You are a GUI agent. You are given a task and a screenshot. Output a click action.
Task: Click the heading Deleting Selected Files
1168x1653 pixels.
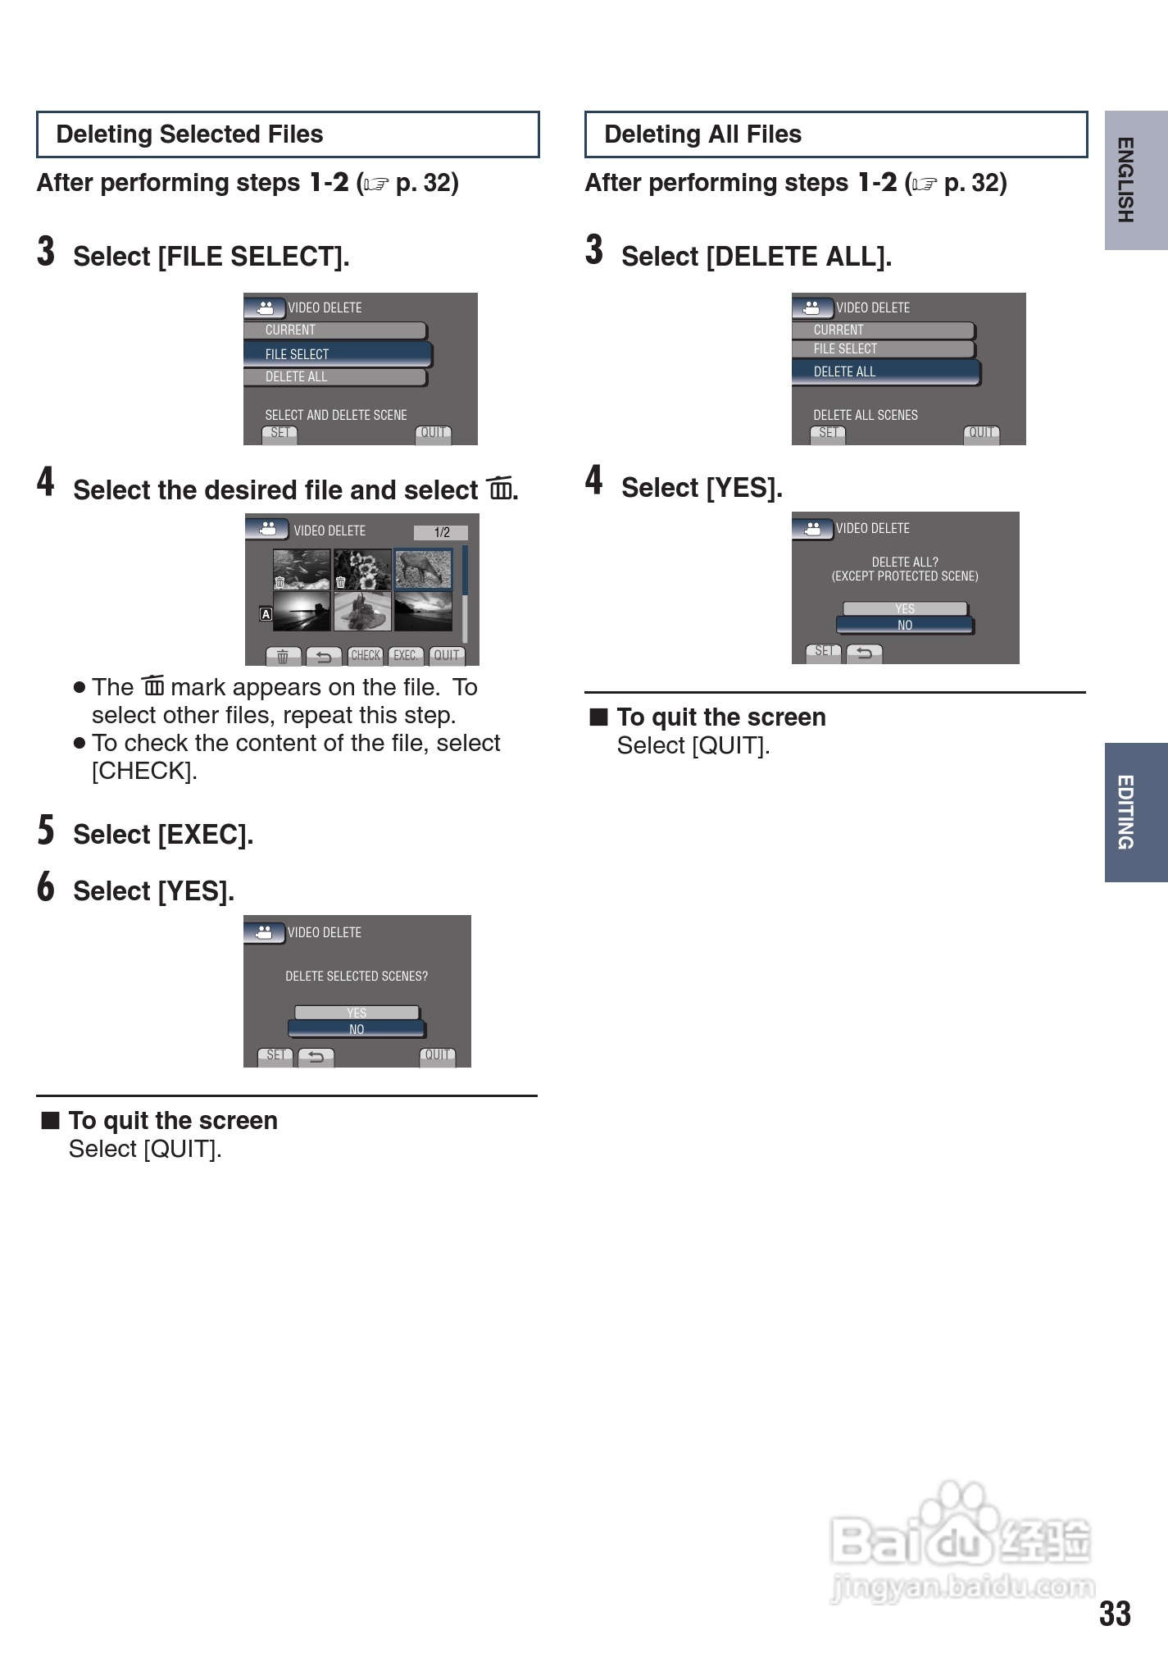(189, 134)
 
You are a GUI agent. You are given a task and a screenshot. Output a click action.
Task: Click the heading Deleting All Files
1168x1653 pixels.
(702, 134)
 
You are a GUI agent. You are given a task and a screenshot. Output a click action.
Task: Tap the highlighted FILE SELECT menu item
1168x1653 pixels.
(338, 354)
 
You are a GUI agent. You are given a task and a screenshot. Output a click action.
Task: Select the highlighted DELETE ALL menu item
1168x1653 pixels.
(886, 371)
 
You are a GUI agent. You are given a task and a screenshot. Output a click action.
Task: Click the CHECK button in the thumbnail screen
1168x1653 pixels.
(366, 656)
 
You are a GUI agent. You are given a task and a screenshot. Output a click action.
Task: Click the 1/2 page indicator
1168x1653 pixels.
(441, 532)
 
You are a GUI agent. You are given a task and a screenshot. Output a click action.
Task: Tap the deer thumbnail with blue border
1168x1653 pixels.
(424, 569)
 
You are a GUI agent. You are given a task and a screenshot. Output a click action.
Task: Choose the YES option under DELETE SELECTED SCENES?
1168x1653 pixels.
(357, 1013)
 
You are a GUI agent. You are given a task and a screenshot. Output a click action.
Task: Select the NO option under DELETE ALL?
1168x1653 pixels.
(905, 625)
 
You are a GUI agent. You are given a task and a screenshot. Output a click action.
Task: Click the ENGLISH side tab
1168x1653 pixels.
(1136, 180)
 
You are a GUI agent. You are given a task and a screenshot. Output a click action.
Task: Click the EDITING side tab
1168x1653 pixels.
(1136, 812)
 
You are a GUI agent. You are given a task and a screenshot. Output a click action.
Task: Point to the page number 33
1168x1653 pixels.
(1115, 1614)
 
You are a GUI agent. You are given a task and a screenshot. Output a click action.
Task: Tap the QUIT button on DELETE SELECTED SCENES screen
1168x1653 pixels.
(438, 1056)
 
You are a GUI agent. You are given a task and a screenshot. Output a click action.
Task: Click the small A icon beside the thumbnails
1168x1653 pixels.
(266, 613)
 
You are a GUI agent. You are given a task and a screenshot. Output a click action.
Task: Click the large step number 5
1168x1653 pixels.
(46, 830)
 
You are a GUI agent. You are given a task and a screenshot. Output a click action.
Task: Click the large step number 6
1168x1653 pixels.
(46, 886)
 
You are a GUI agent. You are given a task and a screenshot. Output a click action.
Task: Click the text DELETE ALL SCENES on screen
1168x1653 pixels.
(866, 415)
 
